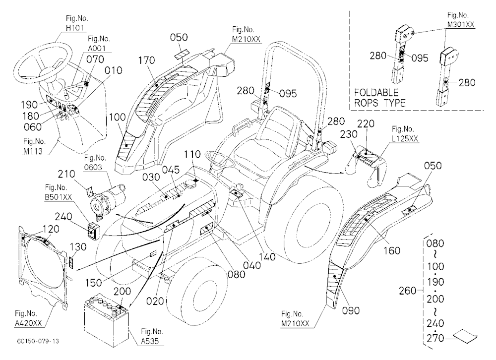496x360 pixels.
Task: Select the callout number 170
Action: pos(147,60)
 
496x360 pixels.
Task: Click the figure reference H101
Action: pos(75,28)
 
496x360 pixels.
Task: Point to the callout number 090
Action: pos(351,310)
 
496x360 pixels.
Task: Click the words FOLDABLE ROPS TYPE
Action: pos(379,98)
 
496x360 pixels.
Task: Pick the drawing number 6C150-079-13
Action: pos(38,341)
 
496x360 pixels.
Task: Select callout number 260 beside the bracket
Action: pos(407,291)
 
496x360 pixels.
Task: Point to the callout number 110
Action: pos(192,154)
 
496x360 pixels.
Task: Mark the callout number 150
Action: pos(94,283)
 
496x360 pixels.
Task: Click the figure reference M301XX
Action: pos(461,24)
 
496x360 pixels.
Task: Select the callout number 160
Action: pos(392,251)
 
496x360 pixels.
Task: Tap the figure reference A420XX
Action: pos(28,323)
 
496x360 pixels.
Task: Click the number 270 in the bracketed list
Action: pos(435,339)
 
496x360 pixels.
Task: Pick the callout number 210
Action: pos(66,174)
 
